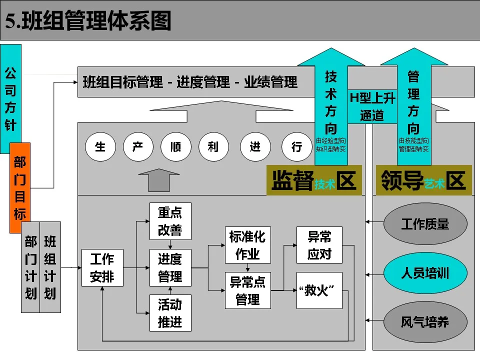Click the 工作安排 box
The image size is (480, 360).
pyautogui.click(x=102, y=268)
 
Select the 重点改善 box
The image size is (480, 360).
pyautogui.click(x=170, y=221)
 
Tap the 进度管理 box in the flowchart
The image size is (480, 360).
pyautogui.click(x=170, y=268)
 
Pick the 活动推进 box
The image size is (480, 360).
pyautogui.click(x=170, y=313)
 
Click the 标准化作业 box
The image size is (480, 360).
pyautogui.click(x=247, y=245)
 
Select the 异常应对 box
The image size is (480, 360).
pyautogui.click(x=319, y=245)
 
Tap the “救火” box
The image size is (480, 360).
pyautogui.click(x=319, y=290)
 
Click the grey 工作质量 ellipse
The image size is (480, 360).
pyautogui.click(x=425, y=224)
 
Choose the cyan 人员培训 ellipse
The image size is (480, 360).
pyautogui.click(x=425, y=273)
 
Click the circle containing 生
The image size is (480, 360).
pyautogui.click(x=100, y=147)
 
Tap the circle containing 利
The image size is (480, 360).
pyautogui.click(x=214, y=147)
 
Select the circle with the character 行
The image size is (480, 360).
pyautogui.click(x=296, y=147)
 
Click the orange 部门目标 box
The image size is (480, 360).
pyautogui.click(x=20, y=187)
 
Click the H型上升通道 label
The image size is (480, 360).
pyautogui.click(x=372, y=106)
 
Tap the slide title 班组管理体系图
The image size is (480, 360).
pyautogui.click(x=88, y=21)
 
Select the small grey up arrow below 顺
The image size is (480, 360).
pyautogui.click(x=158, y=180)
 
